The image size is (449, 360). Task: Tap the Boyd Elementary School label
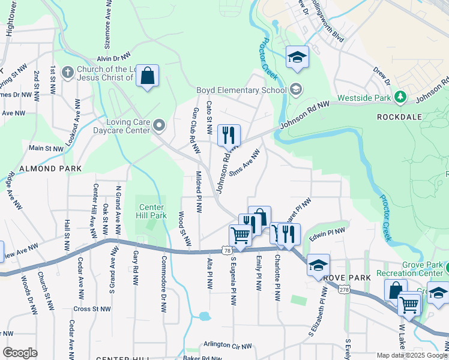[x=241, y=91]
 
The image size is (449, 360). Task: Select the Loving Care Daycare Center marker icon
[x=159, y=125]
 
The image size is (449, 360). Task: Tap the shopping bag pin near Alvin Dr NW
[x=147, y=76]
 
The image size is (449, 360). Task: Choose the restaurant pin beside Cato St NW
[x=228, y=136]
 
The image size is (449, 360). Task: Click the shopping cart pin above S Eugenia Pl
[x=240, y=235]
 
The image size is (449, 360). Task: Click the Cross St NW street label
[x=92, y=309]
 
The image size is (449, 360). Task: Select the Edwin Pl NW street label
[x=327, y=232]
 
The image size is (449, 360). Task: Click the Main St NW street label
[x=46, y=148]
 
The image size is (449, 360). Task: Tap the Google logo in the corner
[x=20, y=353]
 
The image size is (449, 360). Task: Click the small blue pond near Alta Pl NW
[x=205, y=316]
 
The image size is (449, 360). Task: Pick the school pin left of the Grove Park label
[x=318, y=265]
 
